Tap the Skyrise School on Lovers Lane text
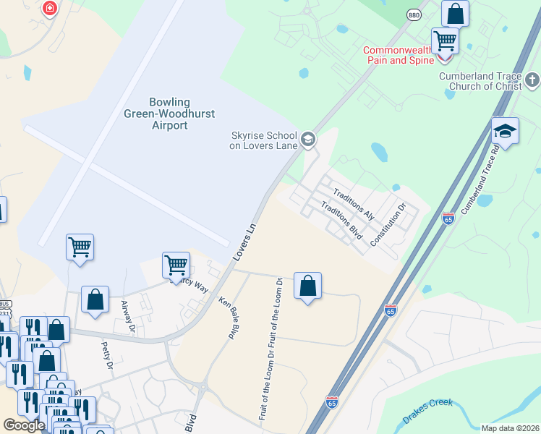(263, 140)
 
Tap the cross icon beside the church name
(532, 78)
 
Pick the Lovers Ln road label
(245, 242)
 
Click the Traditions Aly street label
(353, 204)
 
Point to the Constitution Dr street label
(388, 224)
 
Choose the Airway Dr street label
(128, 318)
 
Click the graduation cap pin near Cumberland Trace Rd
(505, 131)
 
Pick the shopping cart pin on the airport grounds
(80, 247)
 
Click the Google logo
(23, 425)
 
